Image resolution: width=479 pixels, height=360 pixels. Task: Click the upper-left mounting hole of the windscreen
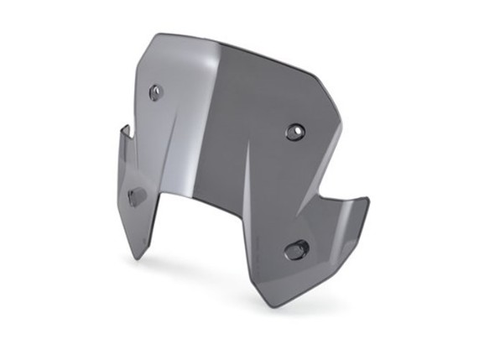coord(155,92)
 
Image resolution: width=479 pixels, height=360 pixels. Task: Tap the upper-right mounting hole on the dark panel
coord(294,132)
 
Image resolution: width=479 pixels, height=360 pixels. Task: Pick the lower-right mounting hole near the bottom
coord(296,249)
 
